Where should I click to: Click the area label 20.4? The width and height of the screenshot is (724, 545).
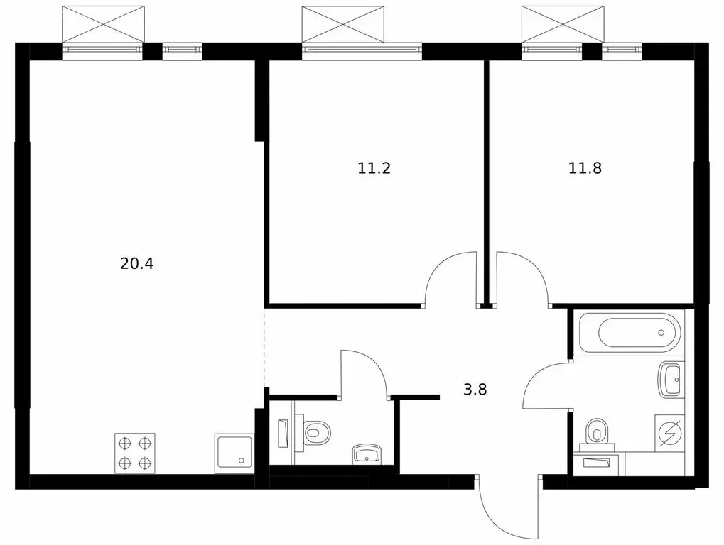click(137, 264)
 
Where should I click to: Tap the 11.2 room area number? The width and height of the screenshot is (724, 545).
click(374, 168)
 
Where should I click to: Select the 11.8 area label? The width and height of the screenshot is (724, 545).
click(585, 168)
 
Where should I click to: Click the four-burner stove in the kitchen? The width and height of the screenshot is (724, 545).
click(136, 453)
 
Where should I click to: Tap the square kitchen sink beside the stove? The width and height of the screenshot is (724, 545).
click(234, 453)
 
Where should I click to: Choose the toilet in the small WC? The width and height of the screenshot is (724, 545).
click(314, 431)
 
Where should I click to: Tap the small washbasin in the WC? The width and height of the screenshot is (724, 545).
click(366, 453)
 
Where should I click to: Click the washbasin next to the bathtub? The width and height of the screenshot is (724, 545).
click(670, 380)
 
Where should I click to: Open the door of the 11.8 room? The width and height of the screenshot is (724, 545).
click(522, 278)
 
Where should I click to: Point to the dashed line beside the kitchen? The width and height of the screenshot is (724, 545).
click(264, 347)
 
